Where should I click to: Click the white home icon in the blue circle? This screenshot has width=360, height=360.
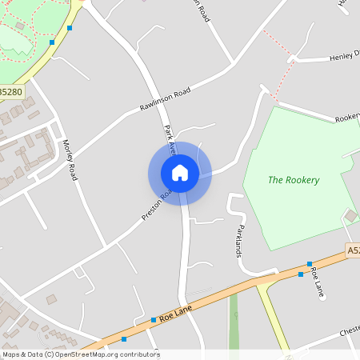coord(179,172)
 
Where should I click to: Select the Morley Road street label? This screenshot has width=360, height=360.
coord(70,159)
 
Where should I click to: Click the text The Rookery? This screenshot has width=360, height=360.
coord(293,180)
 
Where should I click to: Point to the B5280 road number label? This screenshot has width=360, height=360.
coord(11,92)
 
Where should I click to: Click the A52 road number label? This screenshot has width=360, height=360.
coord(353,250)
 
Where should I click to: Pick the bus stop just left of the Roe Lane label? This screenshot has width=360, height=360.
coord(154,320)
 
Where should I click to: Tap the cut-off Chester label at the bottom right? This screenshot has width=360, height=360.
coord(349,330)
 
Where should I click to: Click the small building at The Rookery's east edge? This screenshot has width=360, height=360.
coord(350,215)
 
